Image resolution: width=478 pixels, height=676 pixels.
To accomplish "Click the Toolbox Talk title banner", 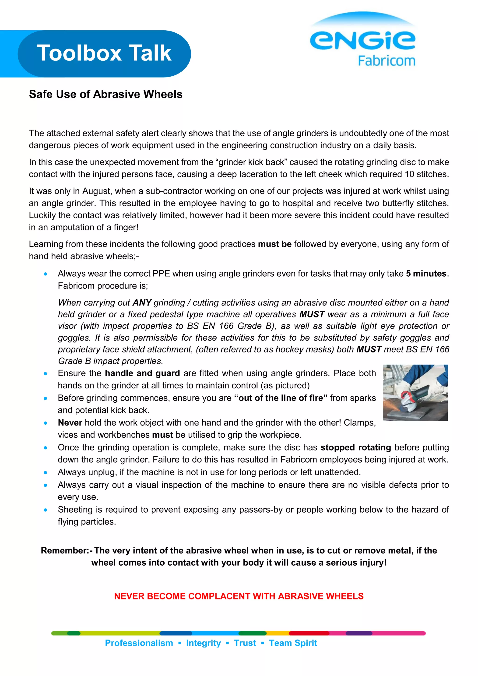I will pyautogui.click(x=104, y=54).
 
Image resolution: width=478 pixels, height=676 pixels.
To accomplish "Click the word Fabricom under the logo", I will pyautogui.click(x=386, y=61).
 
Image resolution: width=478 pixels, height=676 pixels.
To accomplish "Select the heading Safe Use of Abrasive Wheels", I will pyautogui.click(x=106, y=94).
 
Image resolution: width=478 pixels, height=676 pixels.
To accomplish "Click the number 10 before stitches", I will pyautogui.click(x=409, y=174).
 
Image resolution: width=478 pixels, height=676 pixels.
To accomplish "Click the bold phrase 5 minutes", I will pyautogui.click(x=426, y=274).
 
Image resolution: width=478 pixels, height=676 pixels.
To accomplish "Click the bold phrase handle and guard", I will pyautogui.click(x=142, y=373).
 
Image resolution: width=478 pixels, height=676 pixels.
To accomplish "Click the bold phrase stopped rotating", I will pyautogui.click(x=355, y=447).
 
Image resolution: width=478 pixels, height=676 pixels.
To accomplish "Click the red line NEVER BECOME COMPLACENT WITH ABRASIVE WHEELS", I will pyautogui.click(x=239, y=596).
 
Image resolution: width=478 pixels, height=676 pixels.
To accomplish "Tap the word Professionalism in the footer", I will pyautogui.click(x=139, y=643).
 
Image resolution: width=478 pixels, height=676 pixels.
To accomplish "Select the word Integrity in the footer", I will pyautogui.click(x=203, y=643).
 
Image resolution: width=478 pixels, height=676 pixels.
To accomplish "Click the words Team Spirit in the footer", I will pyautogui.click(x=293, y=643).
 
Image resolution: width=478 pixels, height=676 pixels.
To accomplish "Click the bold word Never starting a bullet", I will pyautogui.click(x=70, y=422).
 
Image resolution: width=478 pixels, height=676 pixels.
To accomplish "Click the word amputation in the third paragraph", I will pyautogui.click(x=73, y=227).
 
